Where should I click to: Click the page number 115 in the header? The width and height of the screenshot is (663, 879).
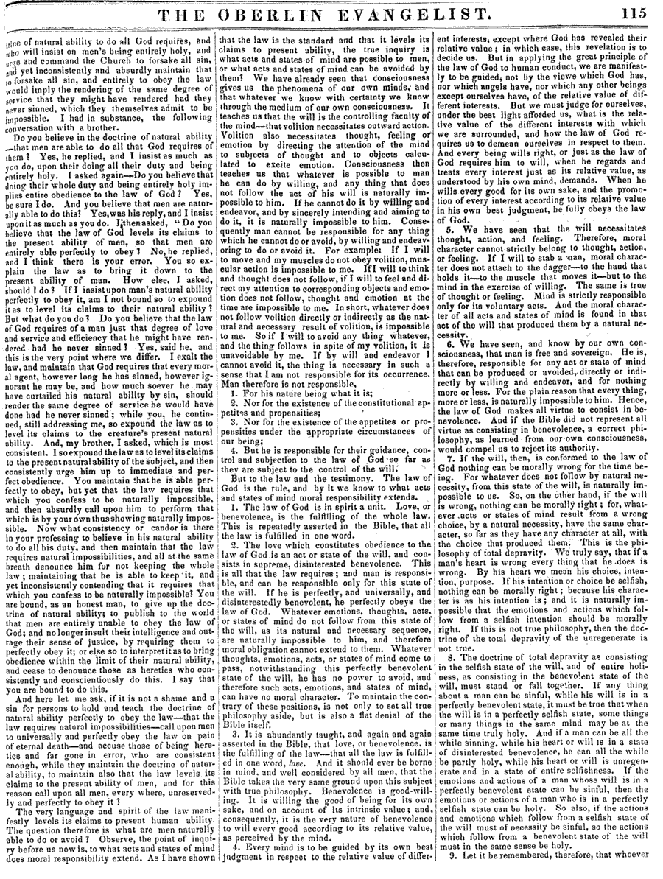[x=634, y=13]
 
